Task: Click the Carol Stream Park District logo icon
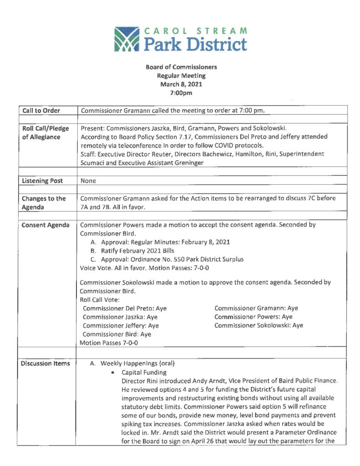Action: (x=127, y=40)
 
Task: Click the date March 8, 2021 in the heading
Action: (x=181, y=84)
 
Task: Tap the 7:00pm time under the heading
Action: (x=181, y=93)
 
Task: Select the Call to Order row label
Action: (x=41, y=111)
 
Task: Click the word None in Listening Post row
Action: (x=88, y=181)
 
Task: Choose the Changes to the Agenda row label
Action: (x=44, y=203)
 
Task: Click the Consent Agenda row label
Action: (x=46, y=225)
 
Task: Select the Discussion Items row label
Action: (x=46, y=363)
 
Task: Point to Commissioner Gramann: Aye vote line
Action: (x=256, y=308)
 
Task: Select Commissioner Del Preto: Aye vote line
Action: (x=125, y=308)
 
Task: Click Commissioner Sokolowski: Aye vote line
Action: (x=259, y=325)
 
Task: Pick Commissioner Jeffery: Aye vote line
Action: (x=121, y=325)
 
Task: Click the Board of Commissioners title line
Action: (x=181, y=67)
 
